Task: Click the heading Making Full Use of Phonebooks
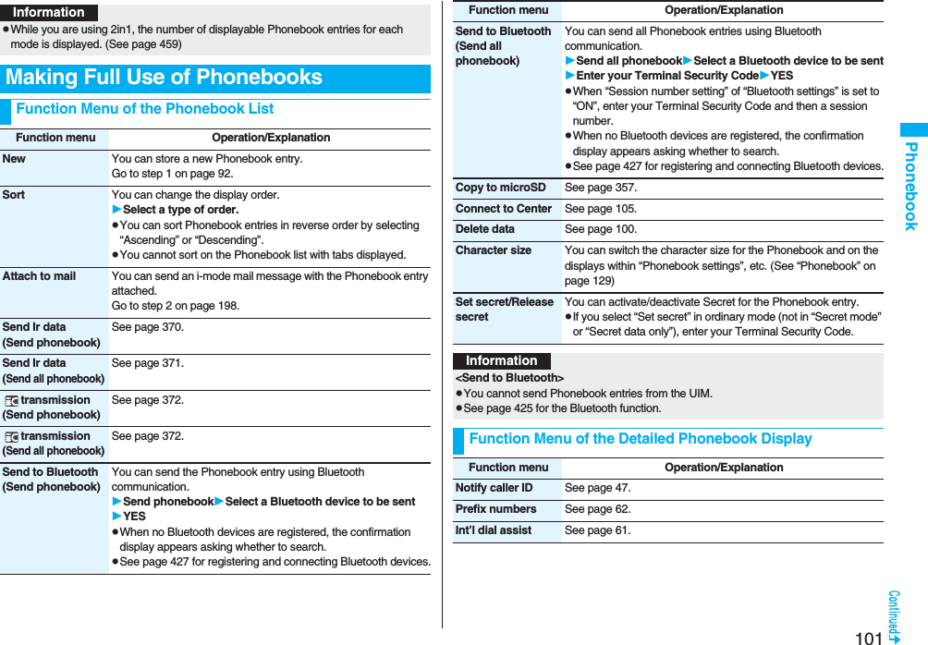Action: [165, 78]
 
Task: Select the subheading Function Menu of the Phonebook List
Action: [145, 109]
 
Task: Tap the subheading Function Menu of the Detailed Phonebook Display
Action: [640, 439]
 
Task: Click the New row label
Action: [15, 159]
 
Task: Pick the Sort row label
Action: [14, 195]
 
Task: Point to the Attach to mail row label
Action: [40, 276]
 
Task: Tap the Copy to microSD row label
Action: [500, 188]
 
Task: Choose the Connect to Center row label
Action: [504, 209]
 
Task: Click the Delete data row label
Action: [485, 229]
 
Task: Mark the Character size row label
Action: [494, 250]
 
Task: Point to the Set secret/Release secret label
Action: [505, 310]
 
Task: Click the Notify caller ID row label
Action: [495, 488]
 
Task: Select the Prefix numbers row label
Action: [496, 509]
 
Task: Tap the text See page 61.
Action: [598, 530]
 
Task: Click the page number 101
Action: [869, 637]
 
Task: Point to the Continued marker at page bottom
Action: [895, 616]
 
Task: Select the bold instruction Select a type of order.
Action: [180, 210]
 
